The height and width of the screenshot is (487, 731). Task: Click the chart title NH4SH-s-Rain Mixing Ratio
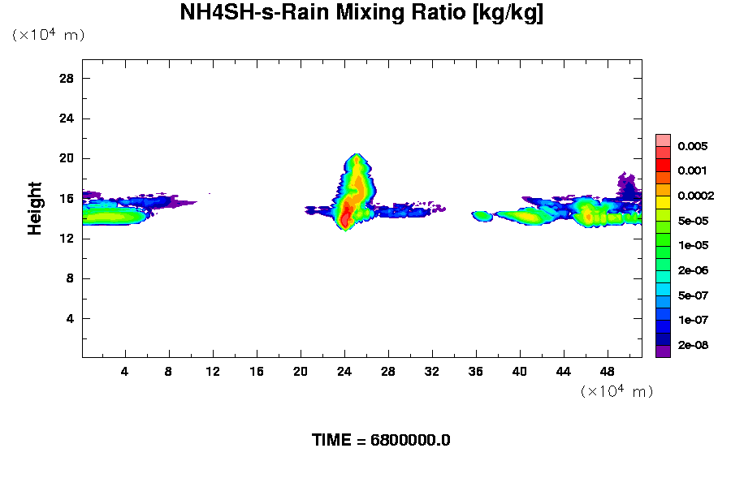361,13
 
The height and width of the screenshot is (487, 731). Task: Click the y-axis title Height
35,209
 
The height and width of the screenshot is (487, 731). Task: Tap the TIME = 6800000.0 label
381,440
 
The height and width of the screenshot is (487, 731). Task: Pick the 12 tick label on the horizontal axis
213,371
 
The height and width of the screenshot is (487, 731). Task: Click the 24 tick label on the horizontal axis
344,371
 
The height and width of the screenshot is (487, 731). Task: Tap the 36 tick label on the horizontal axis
476,371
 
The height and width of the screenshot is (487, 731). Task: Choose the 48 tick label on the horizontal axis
608,371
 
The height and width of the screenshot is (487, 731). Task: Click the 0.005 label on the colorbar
693,146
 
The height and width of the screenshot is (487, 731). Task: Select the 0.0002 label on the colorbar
695,196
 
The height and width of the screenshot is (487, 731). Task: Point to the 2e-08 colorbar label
693,345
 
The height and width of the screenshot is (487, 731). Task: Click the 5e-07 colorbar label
693,295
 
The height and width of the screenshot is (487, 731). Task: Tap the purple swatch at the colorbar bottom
663,351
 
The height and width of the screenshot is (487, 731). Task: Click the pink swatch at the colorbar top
663,140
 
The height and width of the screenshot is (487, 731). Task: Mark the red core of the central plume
345,216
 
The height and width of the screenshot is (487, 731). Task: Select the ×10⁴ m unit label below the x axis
616,391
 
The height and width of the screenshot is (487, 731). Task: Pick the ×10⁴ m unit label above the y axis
48,35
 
